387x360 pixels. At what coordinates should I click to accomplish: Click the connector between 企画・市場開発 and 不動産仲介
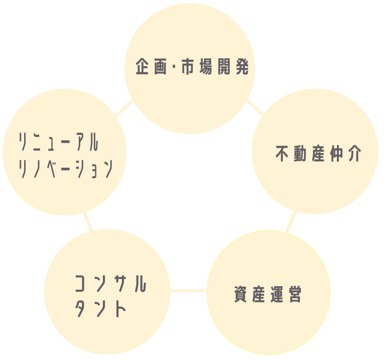[x=255, y=108]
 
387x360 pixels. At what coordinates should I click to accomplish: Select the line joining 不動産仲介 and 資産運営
[x=291, y=222]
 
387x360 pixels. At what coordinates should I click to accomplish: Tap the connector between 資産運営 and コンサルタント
[x=188, y=290]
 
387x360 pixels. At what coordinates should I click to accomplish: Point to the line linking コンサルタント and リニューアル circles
[x=88, y=221]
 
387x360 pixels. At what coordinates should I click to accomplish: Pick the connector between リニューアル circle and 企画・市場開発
[x=124, y=108]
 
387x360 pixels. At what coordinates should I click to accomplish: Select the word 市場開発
[x=215, y=67]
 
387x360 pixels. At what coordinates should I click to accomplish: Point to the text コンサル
[x=110, y=284]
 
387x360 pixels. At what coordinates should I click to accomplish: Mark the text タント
[x=100, y=309]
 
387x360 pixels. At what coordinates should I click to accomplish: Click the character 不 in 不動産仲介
[x=283, y=154]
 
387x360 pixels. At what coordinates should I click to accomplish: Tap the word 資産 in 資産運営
[x=251, y=294]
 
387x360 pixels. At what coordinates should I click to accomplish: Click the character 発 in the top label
[x=241, y=67]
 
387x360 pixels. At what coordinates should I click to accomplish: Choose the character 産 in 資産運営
[x=260, y=294]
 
